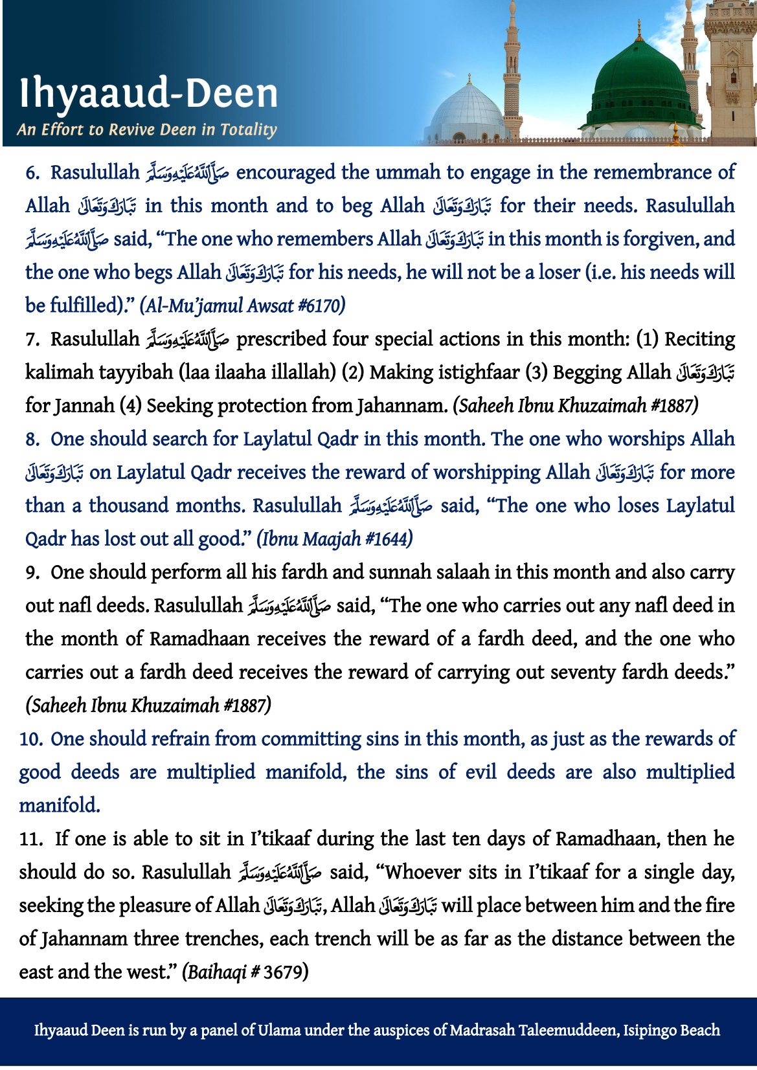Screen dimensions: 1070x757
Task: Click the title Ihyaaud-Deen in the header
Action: click(148, 94)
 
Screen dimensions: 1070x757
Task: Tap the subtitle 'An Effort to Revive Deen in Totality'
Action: click(147, 129)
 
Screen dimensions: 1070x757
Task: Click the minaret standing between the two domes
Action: click(513, 71)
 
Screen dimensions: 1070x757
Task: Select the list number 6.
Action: click(33, 173)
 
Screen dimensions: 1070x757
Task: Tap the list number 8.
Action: click(32, 440)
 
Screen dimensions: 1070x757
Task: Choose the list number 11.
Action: click(30, 840)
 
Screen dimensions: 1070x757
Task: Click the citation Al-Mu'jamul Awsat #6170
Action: click(242, 305)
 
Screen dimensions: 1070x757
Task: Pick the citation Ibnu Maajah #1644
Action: click(335, 539)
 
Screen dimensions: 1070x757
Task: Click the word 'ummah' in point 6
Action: click(408, 173)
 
